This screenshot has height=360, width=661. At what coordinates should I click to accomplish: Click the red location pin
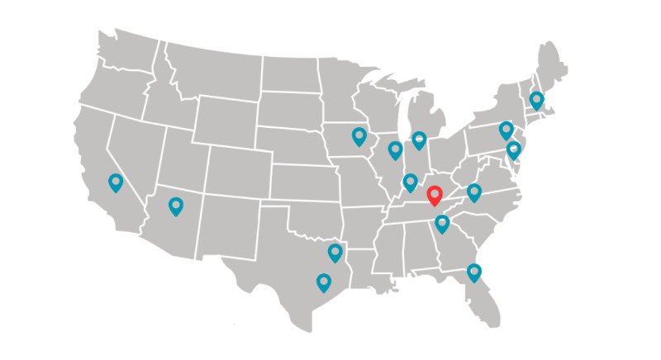[x=435, y=197]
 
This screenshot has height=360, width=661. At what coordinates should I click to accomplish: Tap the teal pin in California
[x=115, y=182]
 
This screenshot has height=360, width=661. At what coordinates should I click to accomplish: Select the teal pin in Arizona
[x=175, y=206]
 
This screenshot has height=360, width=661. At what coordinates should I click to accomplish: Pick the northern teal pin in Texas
[x=335, y=252]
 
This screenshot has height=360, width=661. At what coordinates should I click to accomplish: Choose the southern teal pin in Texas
[x=323, y=282]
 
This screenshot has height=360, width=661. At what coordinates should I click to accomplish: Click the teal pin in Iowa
[x=359, y=135]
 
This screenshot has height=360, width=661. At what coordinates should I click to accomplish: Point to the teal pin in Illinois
[x=395, y=149]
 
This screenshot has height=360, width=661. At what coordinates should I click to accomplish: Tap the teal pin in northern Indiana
[x=419, y=140]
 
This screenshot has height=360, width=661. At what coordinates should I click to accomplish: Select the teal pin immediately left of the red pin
[x=410, y=182]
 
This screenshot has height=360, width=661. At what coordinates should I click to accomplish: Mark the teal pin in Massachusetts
[x=537, y=100]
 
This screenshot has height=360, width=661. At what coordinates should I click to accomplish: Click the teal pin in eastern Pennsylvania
[x=506, y=130]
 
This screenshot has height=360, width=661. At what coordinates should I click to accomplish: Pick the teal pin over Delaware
[x=514, y=149]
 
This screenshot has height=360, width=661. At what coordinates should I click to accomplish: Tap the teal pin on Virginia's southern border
[x=473, y=192]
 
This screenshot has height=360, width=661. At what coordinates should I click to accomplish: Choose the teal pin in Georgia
[x=442, y=223]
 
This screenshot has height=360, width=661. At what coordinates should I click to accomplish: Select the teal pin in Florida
[x=473, y=271]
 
